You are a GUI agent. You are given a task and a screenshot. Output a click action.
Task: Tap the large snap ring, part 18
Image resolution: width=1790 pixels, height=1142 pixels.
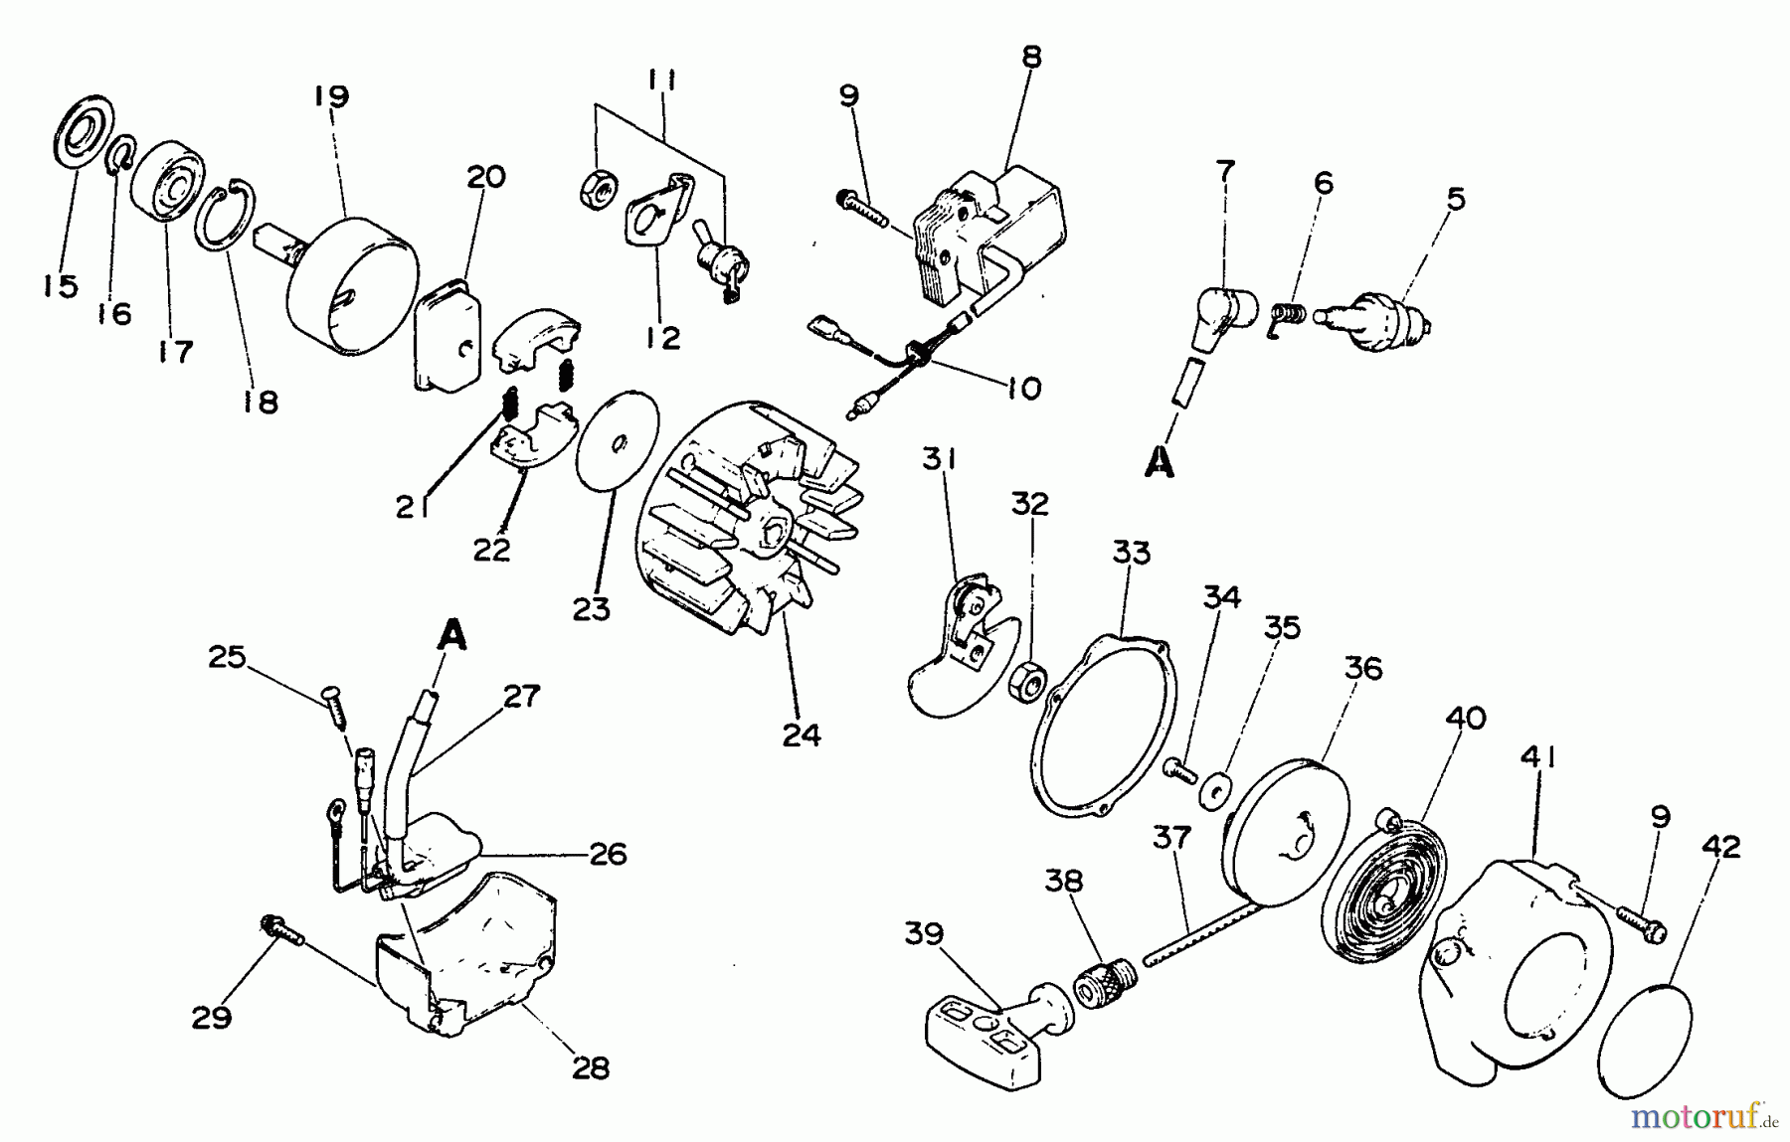pos(229,218)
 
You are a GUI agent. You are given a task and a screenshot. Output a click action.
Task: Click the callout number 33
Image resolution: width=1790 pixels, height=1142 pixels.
pos(1132,553)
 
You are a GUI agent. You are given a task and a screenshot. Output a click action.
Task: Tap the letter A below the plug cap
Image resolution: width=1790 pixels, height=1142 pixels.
pos(1159,463)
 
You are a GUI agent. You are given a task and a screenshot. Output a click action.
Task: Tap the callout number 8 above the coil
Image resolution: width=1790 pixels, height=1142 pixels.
pos(1031,57)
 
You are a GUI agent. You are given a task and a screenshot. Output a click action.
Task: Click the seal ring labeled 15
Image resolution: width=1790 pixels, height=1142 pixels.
pos(80,138)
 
